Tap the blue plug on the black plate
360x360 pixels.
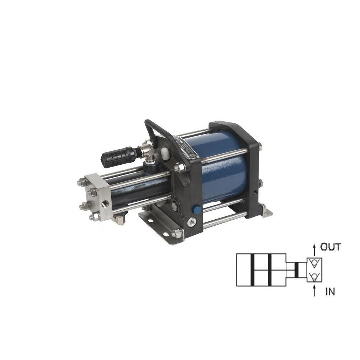coord(197,209)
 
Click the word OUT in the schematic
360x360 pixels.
coord(330,247)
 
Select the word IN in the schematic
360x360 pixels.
coord(330,292)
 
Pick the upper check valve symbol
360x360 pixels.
coord(314,264)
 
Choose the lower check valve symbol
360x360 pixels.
coord(314,276)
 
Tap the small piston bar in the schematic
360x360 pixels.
coord(296,270)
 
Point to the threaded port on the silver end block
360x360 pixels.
coord(106,204)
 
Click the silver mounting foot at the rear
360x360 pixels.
coord(267,211)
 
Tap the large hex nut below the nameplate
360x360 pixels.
coord(178,167)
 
